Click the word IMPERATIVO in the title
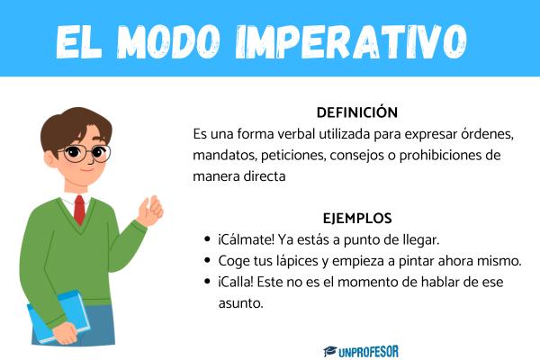[351, 41]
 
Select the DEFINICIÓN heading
[357, 112]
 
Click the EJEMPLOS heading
[357, 219]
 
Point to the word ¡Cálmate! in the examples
[246, 239]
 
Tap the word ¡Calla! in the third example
[236, 282]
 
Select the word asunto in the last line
[240, 304]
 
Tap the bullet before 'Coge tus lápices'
[207, 260]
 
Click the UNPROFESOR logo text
[368, 352]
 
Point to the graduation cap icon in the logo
[330, 351]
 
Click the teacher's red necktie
[79, 210]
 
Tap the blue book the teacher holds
[58, 316]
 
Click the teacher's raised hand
[150, 211]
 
